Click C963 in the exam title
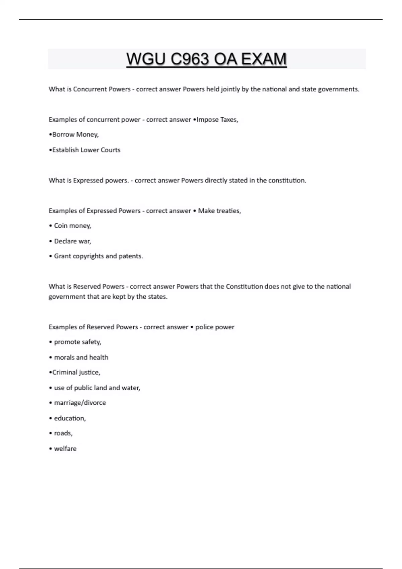190,59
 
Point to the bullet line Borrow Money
74,135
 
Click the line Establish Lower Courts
85,150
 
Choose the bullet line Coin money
70,226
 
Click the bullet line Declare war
70,241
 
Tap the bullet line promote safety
75,342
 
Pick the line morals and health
79,357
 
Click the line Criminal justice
75,373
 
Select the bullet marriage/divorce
78,403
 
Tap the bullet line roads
61,433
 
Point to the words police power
215,327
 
